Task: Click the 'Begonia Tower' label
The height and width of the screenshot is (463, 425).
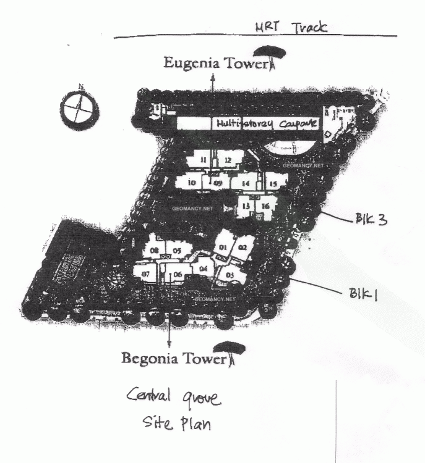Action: point(170,358)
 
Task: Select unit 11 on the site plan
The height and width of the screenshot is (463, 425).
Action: point(203,161)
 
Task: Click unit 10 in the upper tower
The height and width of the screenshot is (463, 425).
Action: point(192,183)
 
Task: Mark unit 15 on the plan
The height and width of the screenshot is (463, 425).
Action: point(273,183)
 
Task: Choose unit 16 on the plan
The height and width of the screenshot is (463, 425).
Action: point(265,206)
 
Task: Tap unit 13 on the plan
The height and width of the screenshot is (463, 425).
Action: point(246,206)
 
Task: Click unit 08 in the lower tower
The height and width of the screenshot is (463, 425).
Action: point(155,250)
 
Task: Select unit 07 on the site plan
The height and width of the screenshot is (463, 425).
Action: point(147,273)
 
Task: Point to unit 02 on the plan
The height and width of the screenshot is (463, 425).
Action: point(243,248)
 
